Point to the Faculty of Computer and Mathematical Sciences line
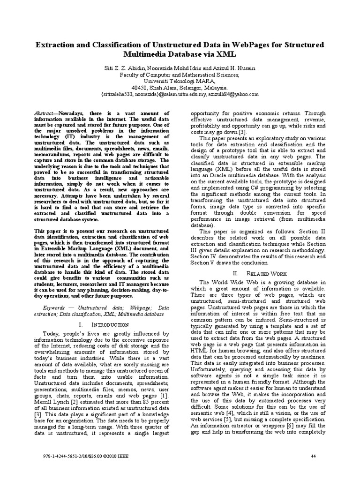coord(180,75)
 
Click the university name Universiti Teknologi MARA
coord(179,81)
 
